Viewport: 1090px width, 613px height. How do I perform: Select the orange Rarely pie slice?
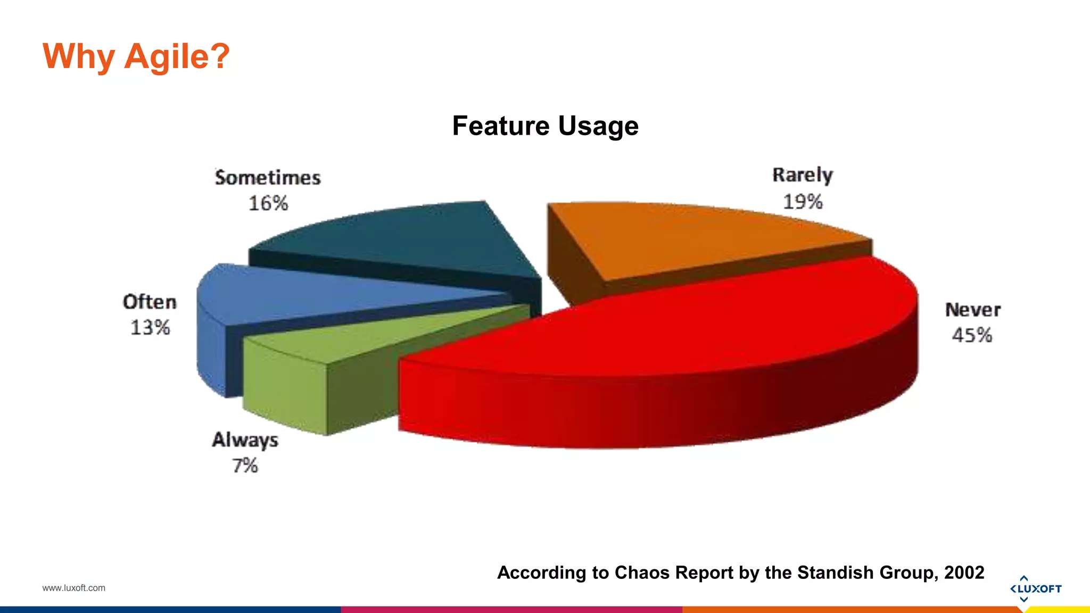pyautogui.click(x=692, y=239)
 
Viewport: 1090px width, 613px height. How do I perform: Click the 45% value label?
pyautogui.click(x=972, y=335)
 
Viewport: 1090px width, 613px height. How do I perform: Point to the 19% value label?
pyautogui.click(x=803, y=202)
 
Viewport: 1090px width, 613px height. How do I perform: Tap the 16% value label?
pyautogui.click(x=268, y=203)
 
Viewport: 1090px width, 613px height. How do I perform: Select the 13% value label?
pyautogui.click(x=150, y=327)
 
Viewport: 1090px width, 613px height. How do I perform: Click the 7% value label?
pyautogui.click(x=245, y=466)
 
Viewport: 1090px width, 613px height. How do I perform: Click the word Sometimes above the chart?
pyautogui.click(x=268, y=178)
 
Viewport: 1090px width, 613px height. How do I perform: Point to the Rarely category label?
pyautogui.click(x=803, y=175)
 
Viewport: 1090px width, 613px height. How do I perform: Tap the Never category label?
pyautogui.click(x=973, y=310)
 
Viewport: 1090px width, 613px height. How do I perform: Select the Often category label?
pyautogui.click(x=150, y=302)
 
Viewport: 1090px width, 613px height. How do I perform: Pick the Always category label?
pyautogui.click(x=245, y=440)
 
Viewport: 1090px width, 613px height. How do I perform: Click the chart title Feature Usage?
pyautogui.click(x=545, y=126)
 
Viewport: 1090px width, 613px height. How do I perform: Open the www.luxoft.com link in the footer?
pyautogui.click(x=74, y=588)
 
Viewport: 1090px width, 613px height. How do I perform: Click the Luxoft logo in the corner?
pyautogui.click(x=1035, y=589)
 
